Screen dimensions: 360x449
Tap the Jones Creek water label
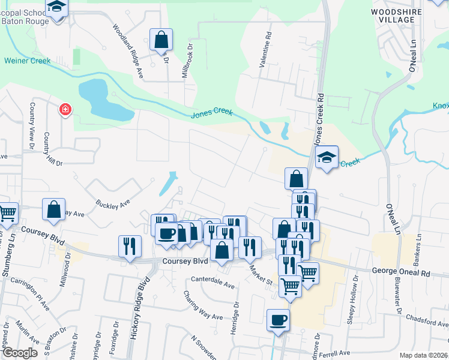211,115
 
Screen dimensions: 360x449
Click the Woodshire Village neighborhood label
393,16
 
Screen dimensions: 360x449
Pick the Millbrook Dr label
187,60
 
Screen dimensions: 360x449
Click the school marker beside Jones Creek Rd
327,157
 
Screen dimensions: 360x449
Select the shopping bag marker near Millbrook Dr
161,40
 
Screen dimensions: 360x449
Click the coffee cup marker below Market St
277,320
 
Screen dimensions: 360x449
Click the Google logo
20,353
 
